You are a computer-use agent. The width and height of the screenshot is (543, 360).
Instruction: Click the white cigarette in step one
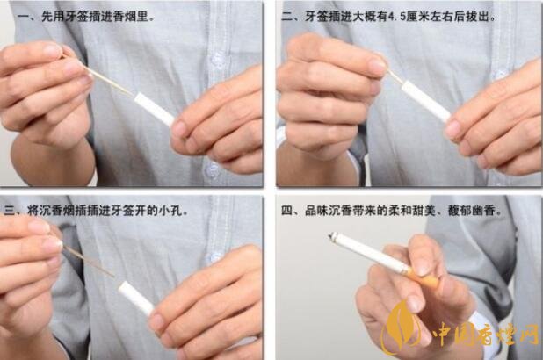[x=154, y=110]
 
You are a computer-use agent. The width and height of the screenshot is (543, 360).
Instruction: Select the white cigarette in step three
[x=135, y=299]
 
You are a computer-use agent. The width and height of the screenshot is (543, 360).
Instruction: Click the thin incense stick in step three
[x=89, y=262]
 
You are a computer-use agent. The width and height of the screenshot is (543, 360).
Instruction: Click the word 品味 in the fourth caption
[x=316, y=211]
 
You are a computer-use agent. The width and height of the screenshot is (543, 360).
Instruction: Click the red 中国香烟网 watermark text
[x=485, y=333]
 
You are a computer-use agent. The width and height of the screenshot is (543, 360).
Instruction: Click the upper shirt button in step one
[x=218, y=60]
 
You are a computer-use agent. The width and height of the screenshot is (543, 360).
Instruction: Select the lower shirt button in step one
[x=210, y=169]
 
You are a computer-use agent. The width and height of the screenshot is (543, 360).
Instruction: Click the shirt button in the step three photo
[x=215, y=257]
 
